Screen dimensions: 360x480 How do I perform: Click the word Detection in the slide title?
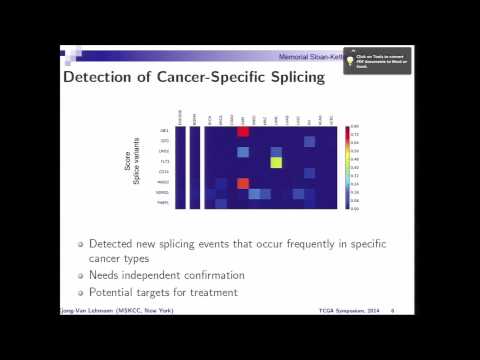99,77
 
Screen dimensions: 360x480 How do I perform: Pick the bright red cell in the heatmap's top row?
242,131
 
